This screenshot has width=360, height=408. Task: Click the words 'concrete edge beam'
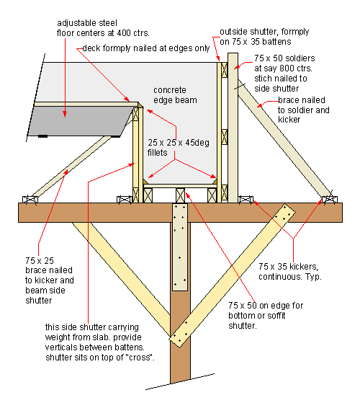175,95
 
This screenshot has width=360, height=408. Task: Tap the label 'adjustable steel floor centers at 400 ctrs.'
103,28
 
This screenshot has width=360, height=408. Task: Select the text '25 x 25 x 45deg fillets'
179,147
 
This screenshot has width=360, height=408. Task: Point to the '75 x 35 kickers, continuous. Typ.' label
290,271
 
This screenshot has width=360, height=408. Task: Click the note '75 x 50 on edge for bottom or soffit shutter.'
266,315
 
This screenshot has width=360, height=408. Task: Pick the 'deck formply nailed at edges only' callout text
146,48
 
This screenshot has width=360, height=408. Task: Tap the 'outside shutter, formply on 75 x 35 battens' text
264,37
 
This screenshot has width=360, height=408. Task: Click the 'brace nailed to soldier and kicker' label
304,110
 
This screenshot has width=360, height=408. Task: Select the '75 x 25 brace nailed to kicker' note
50,270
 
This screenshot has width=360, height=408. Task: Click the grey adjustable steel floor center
81,121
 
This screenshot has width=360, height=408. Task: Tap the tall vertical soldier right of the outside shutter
233,128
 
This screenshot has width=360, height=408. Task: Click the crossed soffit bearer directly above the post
180,195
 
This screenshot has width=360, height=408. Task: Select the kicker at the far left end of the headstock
30,200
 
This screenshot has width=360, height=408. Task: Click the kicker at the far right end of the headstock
330,200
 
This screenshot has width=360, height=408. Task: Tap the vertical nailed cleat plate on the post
180,247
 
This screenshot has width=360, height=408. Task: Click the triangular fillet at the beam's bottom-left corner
145,182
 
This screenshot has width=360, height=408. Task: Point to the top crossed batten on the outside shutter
225,70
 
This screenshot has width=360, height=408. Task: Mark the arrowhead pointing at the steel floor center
65,114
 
